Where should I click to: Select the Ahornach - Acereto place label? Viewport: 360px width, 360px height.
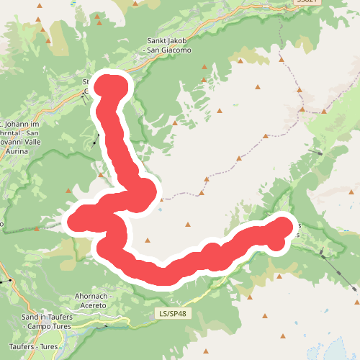[x=91, y=301]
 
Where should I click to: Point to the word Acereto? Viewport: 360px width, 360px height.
[x=91, y=306]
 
